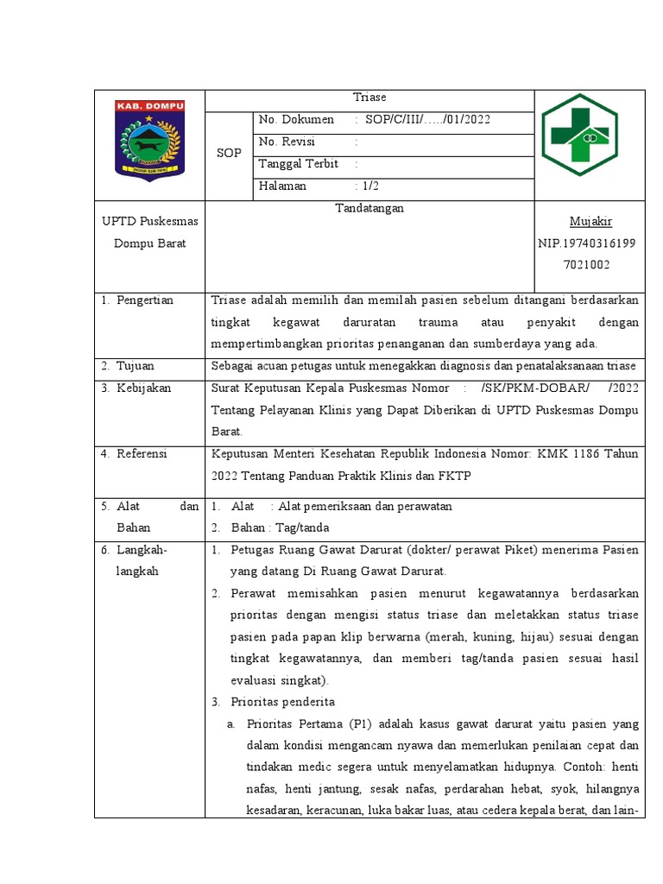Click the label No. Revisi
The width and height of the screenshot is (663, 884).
[x=287, y=142]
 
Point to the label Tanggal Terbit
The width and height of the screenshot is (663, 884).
[x=298, y=163]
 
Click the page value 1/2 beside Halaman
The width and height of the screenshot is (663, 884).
[x=369, y=186]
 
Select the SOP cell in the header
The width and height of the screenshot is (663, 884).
[x=228, y=153]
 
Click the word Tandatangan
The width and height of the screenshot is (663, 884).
[x=369, y=208]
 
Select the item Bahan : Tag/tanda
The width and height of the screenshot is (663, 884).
[x=280, y=527]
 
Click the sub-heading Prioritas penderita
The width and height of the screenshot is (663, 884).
[x=281, y=701]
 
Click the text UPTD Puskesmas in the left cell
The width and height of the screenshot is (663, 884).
[x=149, y=222]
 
